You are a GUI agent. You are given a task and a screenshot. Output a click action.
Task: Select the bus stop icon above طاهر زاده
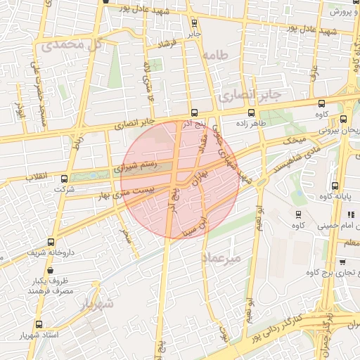pos(251,112)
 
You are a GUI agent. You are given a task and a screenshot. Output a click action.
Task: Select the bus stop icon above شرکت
pos(65,179)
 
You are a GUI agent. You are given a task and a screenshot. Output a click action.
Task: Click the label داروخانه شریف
pos(49,250)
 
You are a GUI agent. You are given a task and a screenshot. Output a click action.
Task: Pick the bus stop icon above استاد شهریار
pos(38,325)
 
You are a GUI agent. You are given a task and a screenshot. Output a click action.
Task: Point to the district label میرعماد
pos(222,257)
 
